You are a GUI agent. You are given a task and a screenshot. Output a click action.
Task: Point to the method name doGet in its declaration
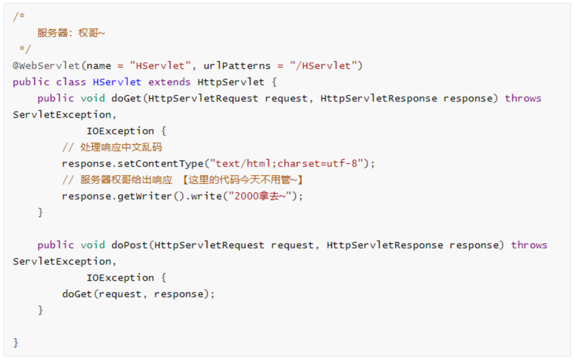pos(126,99)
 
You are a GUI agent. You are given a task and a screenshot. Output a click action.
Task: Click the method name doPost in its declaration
pos(129,245)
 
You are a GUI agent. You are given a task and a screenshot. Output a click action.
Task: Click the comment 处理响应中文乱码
pos(121,147)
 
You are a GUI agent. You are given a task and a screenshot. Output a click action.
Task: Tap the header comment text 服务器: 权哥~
pos(71,33)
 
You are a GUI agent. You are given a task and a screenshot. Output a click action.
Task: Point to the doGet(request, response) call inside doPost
pos(138,294)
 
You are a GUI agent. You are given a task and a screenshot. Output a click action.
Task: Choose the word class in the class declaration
pos(71,82)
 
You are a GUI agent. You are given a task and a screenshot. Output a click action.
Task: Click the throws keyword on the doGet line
pos(523,99)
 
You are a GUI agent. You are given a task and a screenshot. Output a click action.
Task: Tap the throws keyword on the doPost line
pos(529,245)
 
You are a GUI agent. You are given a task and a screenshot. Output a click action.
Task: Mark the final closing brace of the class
pos(16,343)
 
